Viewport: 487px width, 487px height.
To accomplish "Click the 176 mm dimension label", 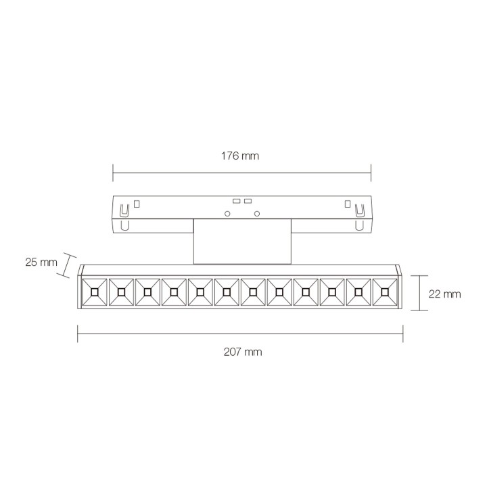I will pos(241,156).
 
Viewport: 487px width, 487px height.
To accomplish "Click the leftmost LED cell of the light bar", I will pos(94,292).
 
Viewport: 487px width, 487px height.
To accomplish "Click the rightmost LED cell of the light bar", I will pos(385,292).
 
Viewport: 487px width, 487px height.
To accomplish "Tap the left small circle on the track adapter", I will pos(227,214).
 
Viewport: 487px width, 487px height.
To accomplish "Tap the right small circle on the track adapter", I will pos(257,214).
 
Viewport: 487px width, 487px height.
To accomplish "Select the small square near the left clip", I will pos(137,202).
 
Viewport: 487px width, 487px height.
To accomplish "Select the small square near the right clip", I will pos(347,202).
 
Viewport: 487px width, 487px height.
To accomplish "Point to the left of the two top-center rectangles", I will pos(236,201).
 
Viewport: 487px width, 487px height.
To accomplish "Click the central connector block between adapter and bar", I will pos(241,241).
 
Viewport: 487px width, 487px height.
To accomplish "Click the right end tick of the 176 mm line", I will pos(371,172).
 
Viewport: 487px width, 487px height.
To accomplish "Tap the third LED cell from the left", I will pos(147,292).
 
